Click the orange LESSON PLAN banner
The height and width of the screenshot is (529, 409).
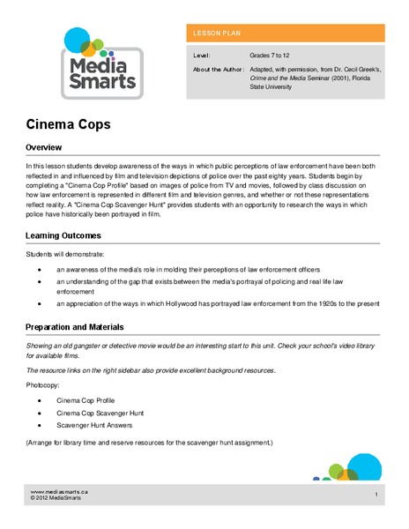285,34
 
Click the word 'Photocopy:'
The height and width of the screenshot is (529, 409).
43,384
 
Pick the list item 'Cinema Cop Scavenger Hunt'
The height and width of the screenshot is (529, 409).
100,412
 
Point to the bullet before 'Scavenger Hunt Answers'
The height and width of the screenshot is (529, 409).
41,425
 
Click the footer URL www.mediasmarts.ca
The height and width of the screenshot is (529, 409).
58,491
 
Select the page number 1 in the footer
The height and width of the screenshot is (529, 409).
376,495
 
